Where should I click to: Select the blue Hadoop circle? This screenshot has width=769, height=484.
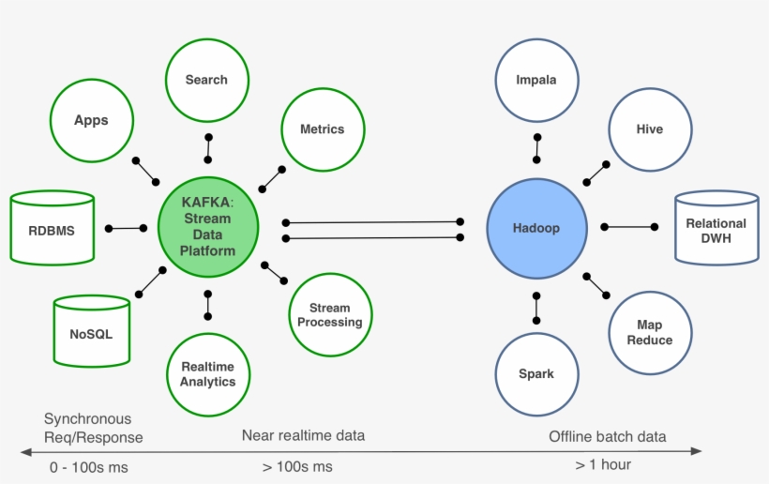[x=536, y=228]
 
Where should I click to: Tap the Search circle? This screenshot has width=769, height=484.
[x=206, y=80]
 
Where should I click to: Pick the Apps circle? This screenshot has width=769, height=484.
[x=91, y=120]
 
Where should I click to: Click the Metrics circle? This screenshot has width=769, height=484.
[x=322, y=129]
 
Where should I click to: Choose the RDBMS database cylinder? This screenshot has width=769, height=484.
[x=52, y=228]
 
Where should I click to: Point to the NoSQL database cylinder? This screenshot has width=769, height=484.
[x=91, y=332]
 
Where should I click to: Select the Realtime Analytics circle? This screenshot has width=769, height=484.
[x=207, y=374]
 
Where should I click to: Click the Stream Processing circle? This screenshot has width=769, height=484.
[x=329, y=315]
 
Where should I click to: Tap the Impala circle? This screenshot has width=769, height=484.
[x=536, y=80]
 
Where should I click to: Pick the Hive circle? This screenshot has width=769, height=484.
[x=649, y=129]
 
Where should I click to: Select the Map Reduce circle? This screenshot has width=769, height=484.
[x=649, y=332]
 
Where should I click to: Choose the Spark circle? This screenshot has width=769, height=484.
[x=536, y=373]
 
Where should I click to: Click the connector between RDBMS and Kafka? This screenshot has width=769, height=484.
[x=126, y=228]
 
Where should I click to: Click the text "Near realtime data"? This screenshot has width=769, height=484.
[x=303, y=436]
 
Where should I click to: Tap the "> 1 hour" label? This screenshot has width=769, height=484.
[x=603, y=464]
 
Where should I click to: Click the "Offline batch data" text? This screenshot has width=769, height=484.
[x=607, y=436]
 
